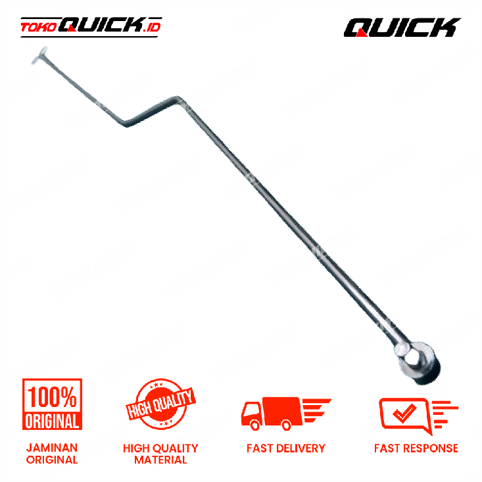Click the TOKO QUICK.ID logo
click(x=91, y=27)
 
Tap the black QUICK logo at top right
click(x=402, y=28)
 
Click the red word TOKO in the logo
click(x=38, y=28)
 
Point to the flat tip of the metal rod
click(x=39, y=55)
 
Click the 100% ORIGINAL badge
click(x=52, y=404)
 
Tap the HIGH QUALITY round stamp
click(x=160, y=404)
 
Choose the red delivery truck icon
click(x=286, y=414)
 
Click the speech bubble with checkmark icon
click(x=418, y=415)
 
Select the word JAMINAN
click(x=52, y=448)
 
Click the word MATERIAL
click(x=160, y=460)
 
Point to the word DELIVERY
click(x=301, y=448)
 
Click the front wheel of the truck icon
click(x=255, y=425)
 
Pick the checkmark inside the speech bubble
click(x=404, y=412)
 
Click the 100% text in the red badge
click(x=52, y=397)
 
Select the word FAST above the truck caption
click(x=260, y=448)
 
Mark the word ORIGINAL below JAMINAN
click(x=52, y=460)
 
